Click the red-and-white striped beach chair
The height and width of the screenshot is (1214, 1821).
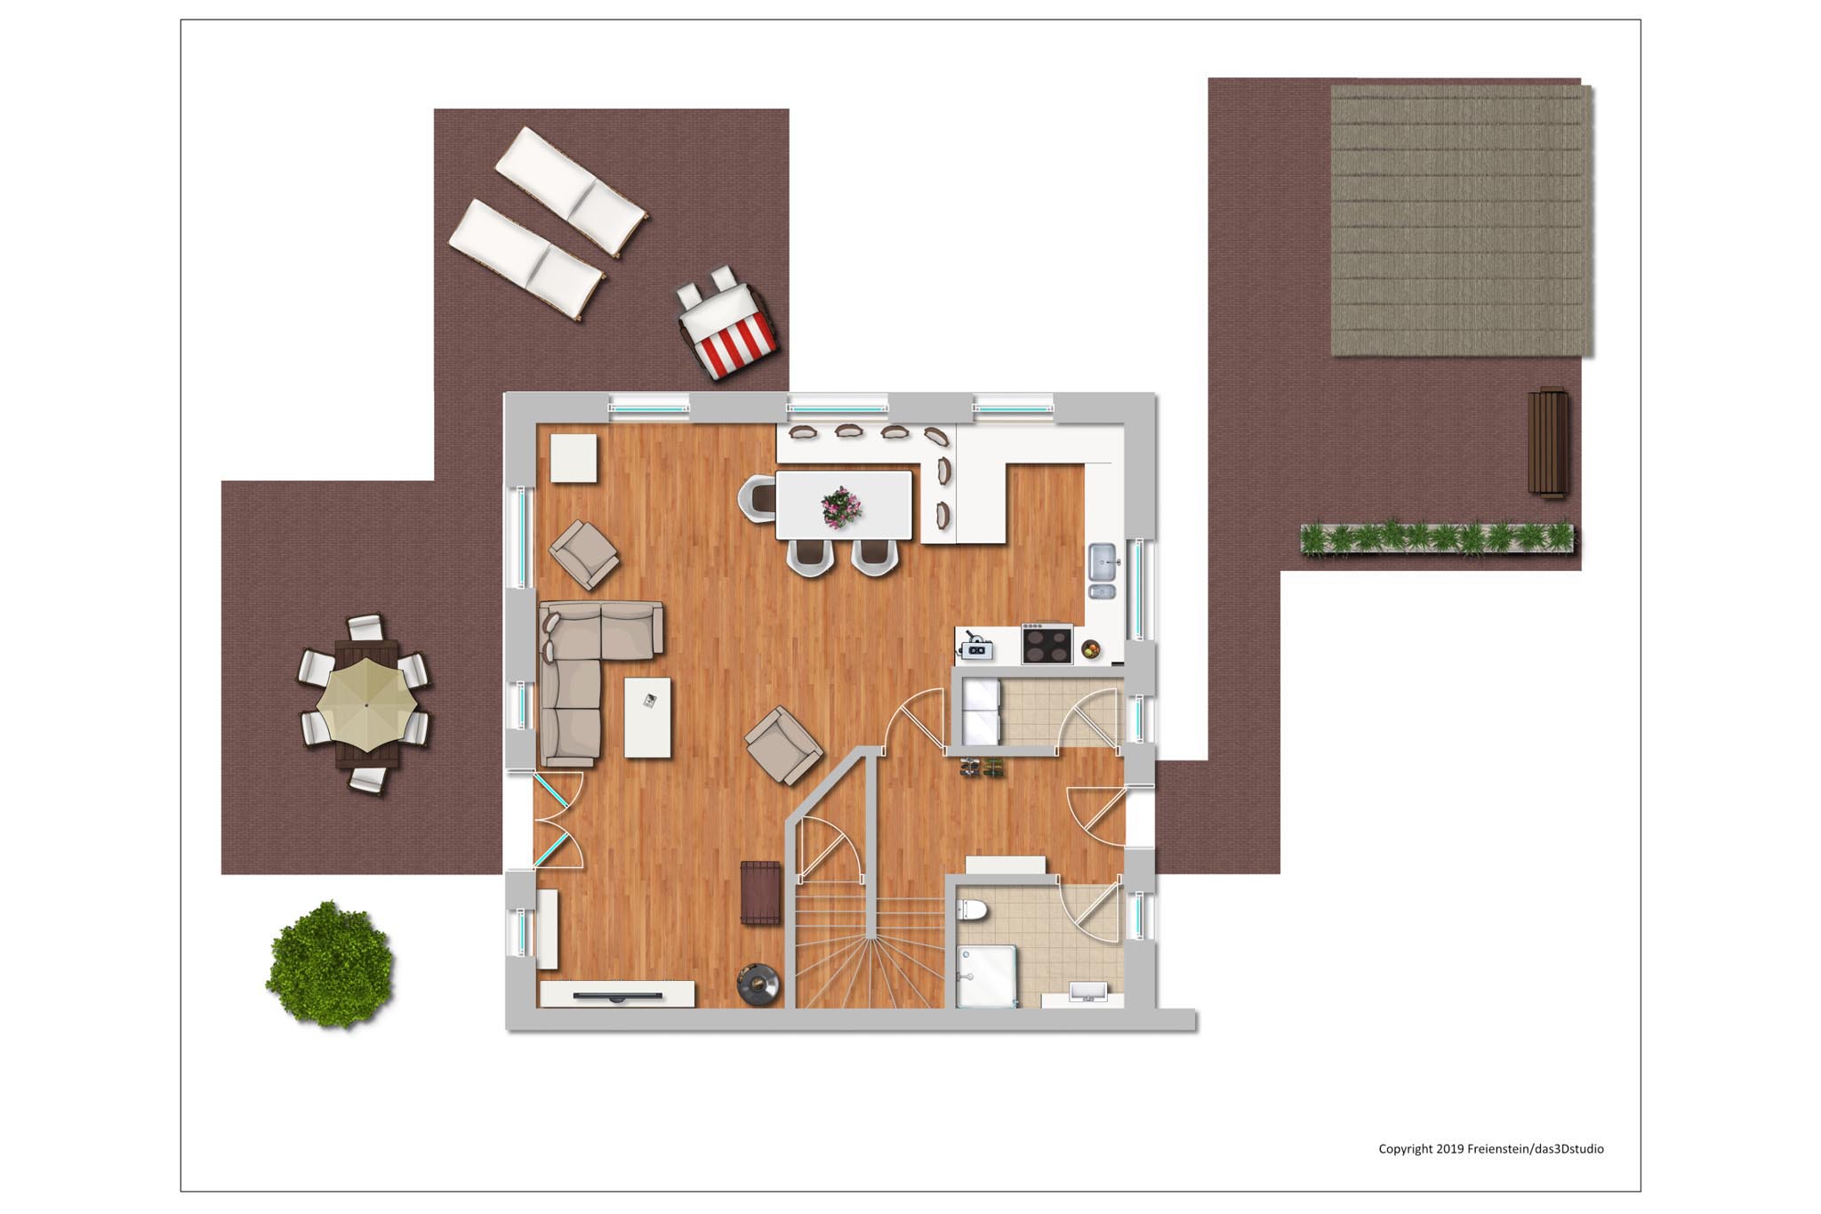point(727,321)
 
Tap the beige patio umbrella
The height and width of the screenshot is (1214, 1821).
point(366,704)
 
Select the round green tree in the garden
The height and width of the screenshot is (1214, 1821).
point(330,964)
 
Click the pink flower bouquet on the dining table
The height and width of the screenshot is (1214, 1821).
point(840,507)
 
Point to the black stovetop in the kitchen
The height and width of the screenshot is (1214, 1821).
point(1047,644)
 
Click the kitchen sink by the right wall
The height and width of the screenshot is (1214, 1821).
point(1103,571)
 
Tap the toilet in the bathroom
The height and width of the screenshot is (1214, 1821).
point(971,910)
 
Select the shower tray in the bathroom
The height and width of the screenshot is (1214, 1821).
point(986,977)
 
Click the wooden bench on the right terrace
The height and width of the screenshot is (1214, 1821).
point(1547,442)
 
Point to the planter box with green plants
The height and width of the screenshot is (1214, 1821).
point(1436,539)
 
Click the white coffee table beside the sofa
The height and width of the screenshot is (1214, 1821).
point(647,718)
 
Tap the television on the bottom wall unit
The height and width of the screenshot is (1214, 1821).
point(617,996)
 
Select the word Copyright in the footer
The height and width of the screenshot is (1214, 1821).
point(1405,1149)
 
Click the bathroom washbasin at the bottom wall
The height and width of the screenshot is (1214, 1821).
point(1087,993)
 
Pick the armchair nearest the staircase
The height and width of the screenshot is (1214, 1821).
point(783,745)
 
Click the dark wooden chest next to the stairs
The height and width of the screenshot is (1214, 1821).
point(760,892)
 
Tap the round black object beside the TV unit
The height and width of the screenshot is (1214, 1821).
point(758,984)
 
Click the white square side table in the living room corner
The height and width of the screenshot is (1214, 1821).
point(574,458)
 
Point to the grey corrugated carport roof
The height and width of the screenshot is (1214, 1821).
point(1461,221)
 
